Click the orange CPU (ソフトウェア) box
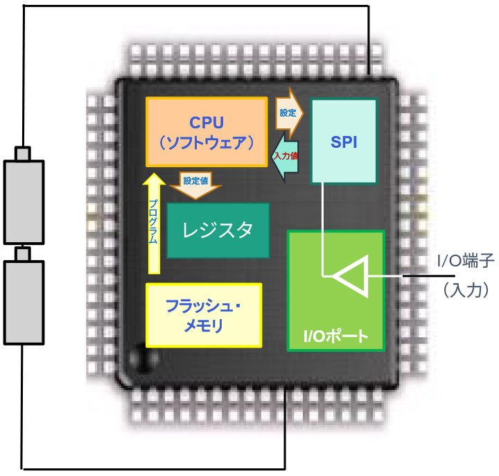click(207, 132)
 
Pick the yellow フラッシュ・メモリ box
click(204, 315)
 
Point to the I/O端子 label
click(464, 262)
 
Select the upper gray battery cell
click(24, 201)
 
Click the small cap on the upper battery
click(24, 153)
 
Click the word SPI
click(344, 142)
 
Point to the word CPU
click(207, 123)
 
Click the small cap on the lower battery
click(24, 253)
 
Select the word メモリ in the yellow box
click(204, 325)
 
